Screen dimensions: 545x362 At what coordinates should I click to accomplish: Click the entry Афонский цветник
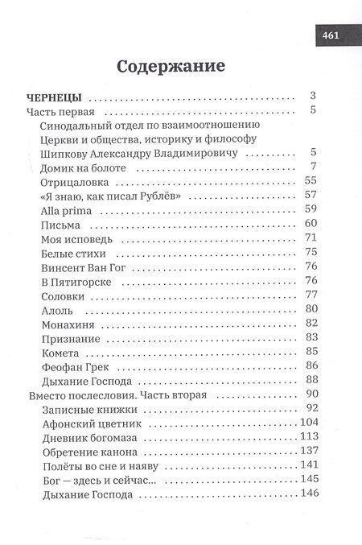pos(81,423)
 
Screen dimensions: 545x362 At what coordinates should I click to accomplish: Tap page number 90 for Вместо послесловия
pos(313,394)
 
